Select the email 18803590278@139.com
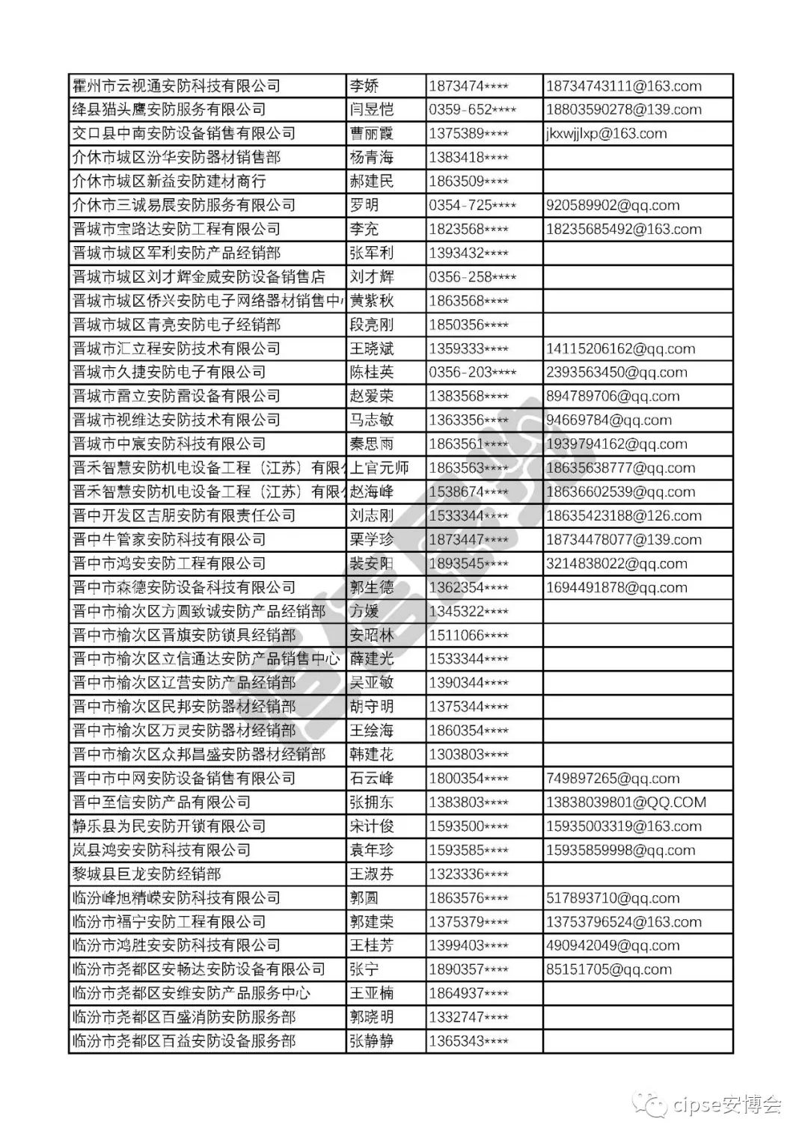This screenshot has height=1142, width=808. click(x=623, y=110)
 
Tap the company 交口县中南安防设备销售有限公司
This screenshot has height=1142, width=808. click(x=183, y=134)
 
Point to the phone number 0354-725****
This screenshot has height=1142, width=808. click(x=472, y=206)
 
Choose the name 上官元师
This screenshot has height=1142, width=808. click(x=380, y=468)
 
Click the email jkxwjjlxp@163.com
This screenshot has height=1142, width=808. click(x=606, y=134)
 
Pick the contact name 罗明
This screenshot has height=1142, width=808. click(x=364, y=206)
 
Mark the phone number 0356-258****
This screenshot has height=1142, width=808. click(x=472, y=277)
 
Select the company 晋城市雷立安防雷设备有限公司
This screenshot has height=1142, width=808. click(x=176, y=396)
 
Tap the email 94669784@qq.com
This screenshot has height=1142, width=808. click(x=608, y=420)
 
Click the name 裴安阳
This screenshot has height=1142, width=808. click(x=372, y=564)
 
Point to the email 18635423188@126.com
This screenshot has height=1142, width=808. click(x=623, y=516)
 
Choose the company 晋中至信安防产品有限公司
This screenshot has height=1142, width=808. click(x=161, y=802)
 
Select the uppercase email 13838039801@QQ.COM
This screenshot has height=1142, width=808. click(x=625, y=802)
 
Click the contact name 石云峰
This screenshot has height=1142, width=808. click(x=372, y=779)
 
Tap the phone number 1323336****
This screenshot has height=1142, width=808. click(x=468, y=874)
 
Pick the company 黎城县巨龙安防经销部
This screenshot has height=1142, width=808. click(x=147, y=874)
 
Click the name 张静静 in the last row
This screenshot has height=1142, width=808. click(x=372, y=1041)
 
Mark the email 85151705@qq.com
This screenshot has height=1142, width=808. click(x=608, y=969)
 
